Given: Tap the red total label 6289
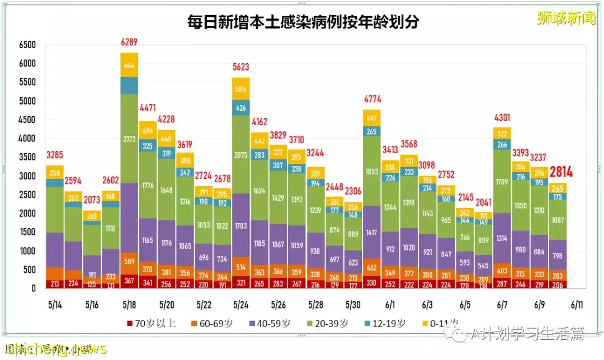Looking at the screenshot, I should (129, 42).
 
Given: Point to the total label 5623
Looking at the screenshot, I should (240, 67).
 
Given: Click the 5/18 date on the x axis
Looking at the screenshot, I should (129, 305).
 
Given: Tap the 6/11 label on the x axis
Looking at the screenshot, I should (576, 305).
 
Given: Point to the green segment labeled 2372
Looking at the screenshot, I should (129, 139).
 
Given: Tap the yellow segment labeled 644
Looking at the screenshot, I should (129, 65).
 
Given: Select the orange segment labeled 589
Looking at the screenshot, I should (129, 262).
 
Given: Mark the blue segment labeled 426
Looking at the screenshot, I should (240, 108).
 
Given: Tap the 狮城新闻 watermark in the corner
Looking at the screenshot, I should (565, 18).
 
